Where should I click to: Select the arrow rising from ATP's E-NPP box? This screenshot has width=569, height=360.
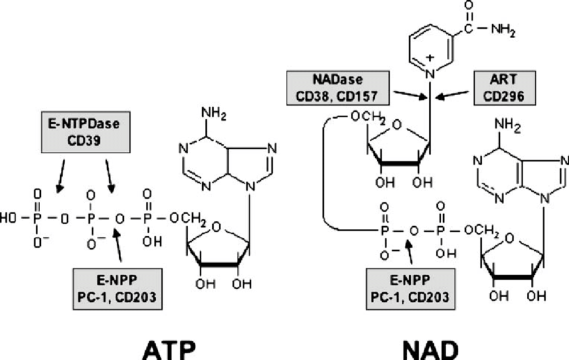point(120,246)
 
